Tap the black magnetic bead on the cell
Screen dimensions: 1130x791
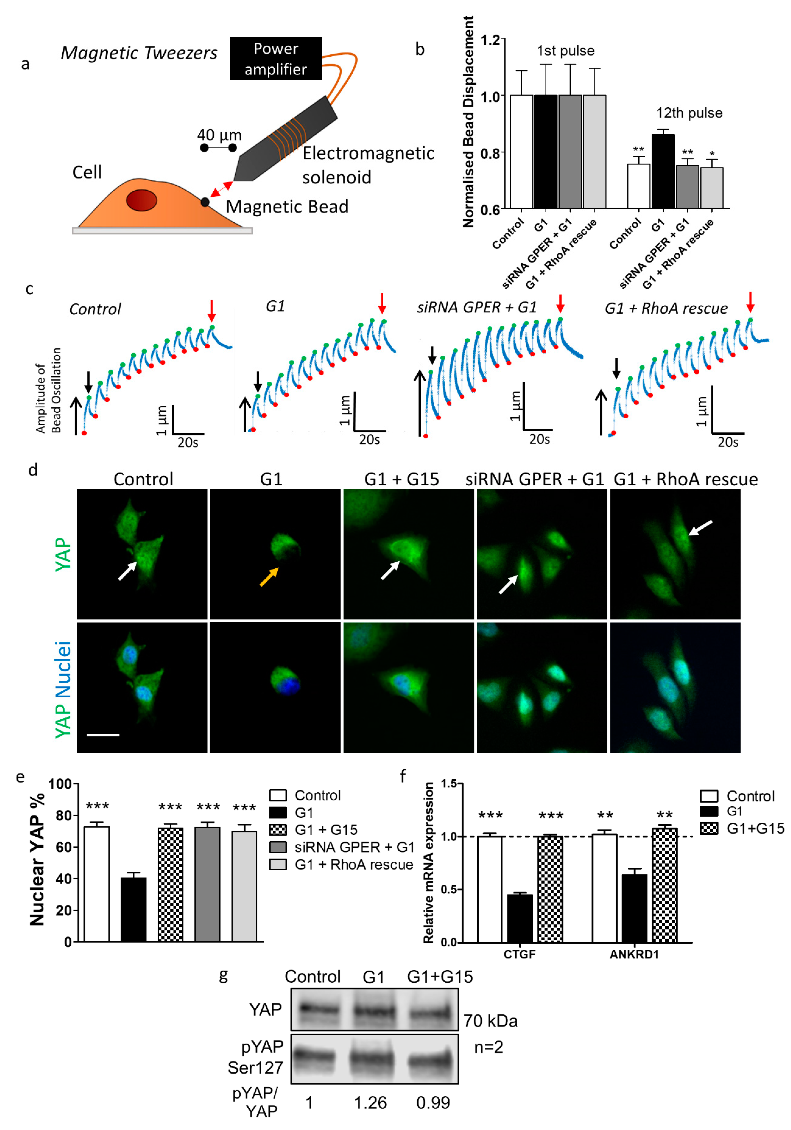205,202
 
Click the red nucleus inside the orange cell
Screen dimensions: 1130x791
141,200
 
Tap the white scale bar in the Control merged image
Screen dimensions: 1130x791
103,735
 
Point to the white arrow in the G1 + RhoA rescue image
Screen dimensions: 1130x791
700,528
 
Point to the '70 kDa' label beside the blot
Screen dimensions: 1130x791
490,1021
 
